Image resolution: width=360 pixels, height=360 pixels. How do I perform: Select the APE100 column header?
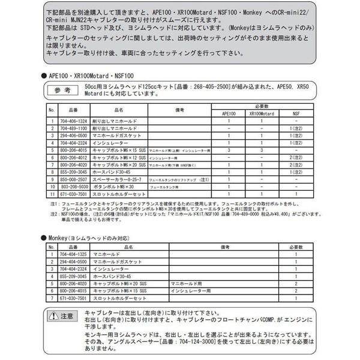point(229,113)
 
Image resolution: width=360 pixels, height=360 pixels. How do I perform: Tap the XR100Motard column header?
point(262,113)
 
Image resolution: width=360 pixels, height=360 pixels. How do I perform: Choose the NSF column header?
point(296,113)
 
